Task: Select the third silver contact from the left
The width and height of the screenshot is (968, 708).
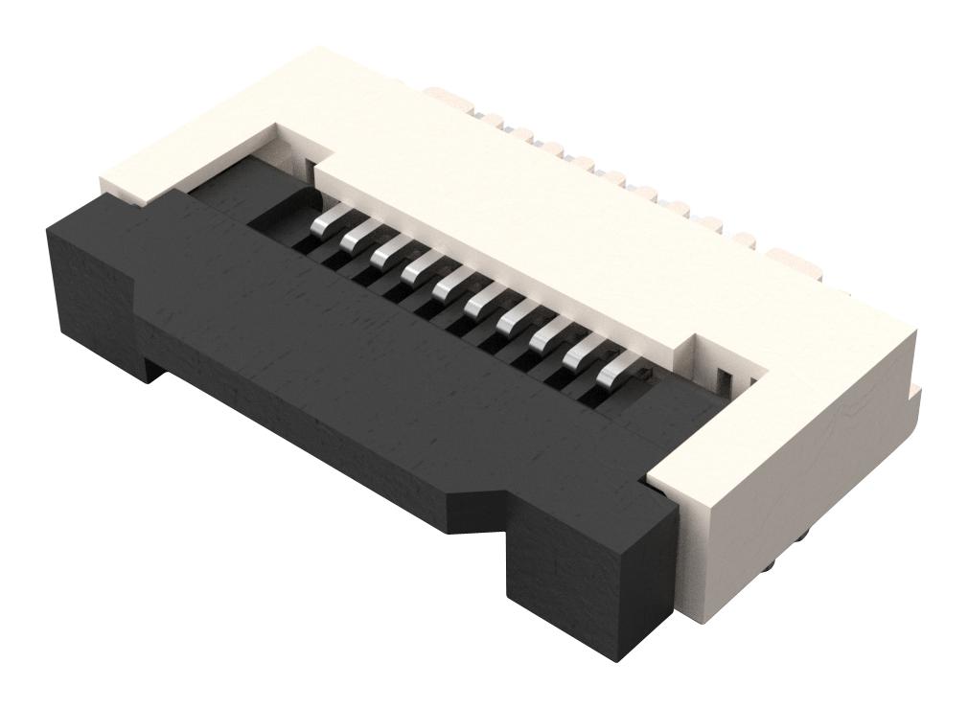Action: click(388, 251)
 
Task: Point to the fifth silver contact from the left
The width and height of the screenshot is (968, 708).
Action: click(449, 281)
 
